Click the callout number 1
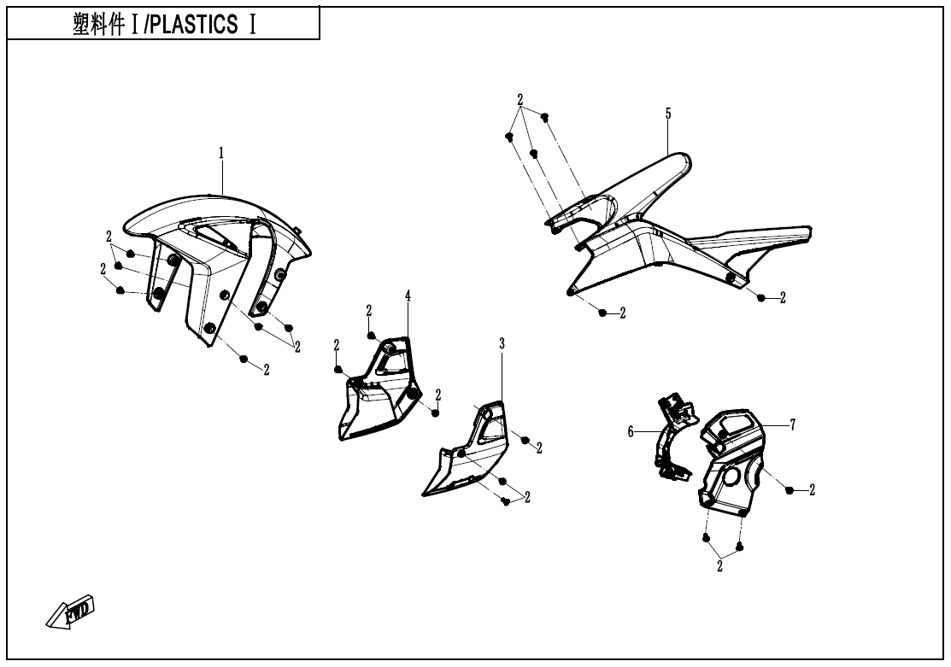221,153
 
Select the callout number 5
668,114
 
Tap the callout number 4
408,295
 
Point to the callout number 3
502,342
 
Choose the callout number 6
631,432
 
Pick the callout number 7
793,425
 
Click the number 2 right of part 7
812,490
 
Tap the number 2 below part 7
719,566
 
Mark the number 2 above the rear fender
520,99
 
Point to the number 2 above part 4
369,310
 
